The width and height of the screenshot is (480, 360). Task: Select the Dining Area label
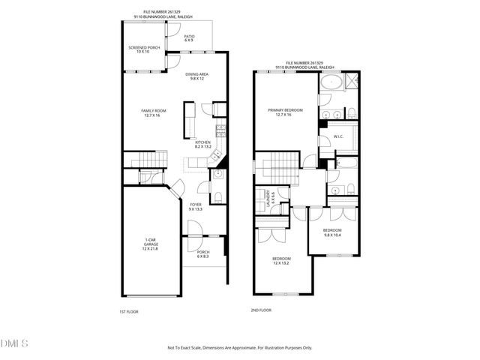point(196,76)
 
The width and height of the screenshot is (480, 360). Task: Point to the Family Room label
point(154,113)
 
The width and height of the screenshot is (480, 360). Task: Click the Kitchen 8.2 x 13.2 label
point(202,145)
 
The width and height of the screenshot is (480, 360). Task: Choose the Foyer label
point(196,207)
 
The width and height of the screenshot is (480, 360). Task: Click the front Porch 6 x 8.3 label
point(203,254)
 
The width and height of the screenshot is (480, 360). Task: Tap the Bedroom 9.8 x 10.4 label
point(331,232)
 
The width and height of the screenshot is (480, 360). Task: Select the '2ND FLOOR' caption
point(260,310)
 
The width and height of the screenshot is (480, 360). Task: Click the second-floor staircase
point(278,166)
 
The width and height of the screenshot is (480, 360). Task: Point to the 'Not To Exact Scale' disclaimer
point(239,347)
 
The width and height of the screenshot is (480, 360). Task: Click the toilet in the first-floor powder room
point(216,196)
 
